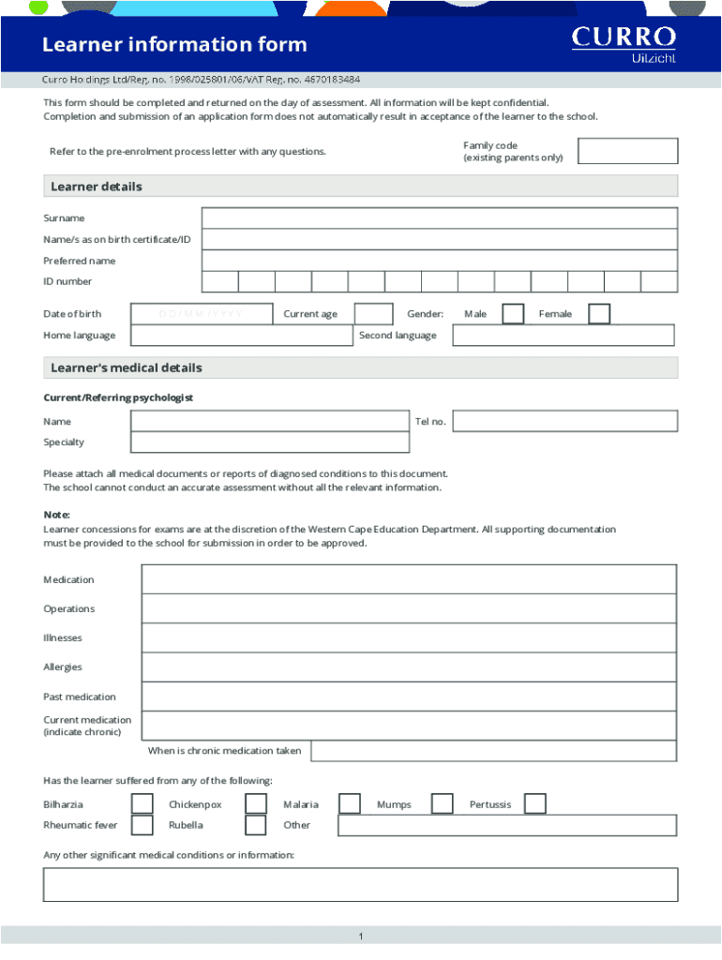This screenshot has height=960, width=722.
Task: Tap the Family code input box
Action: point(627,151)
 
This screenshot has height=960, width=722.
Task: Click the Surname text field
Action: point(439,218)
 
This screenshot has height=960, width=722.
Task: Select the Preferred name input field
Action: point(439,261)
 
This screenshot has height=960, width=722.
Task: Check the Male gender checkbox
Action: point(513,314)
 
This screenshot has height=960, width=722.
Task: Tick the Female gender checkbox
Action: point(599,314)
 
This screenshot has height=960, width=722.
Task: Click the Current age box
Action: point(374,314)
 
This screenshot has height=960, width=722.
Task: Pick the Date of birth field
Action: point(202,314)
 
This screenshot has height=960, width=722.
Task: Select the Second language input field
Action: point(564,336)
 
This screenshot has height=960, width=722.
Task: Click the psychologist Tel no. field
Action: point(564,422)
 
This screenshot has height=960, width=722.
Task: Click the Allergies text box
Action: point(409,667)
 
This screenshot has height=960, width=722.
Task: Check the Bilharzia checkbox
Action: point(143,804)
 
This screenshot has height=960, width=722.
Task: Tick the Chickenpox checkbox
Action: point(256,804)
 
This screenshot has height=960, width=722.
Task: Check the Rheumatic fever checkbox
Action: point(143,825)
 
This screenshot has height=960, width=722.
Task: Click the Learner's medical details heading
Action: point(127,367)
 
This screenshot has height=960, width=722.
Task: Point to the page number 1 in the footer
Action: point(360,937)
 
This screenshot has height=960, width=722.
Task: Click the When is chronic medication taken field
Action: point(493,751)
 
